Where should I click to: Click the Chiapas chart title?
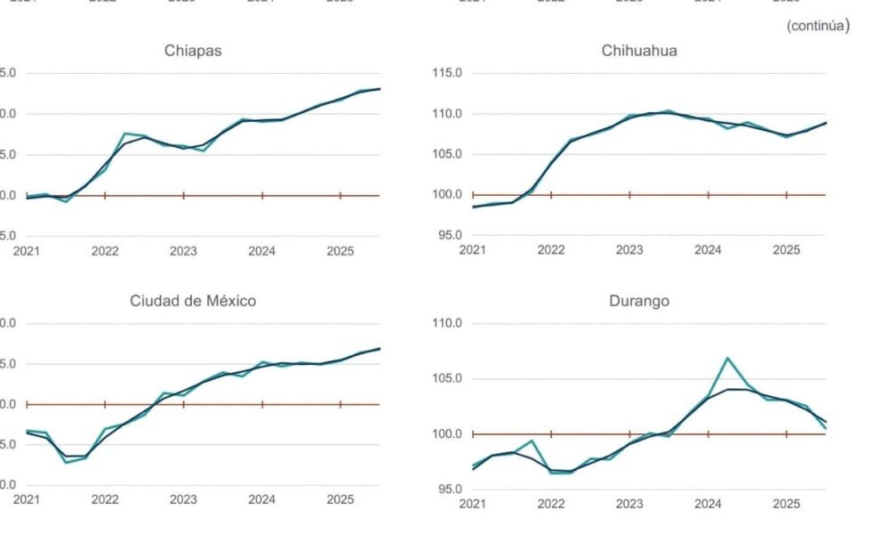click(193, 51)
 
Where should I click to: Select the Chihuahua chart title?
click(639, 51)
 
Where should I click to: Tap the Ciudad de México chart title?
click(193, 301)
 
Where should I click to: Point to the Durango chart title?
click(639, 301)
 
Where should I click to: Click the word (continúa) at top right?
click(818, 26)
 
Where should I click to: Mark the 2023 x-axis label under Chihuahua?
click(629, 251)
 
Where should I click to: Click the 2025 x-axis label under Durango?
click(787, 505)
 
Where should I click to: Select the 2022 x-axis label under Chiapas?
click(105, 251)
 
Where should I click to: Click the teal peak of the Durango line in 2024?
click(728, 358)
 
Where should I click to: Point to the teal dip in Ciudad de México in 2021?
click(67, 463)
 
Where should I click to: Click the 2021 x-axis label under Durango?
click(472, 505)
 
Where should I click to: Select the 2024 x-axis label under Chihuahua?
click(708, 251)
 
